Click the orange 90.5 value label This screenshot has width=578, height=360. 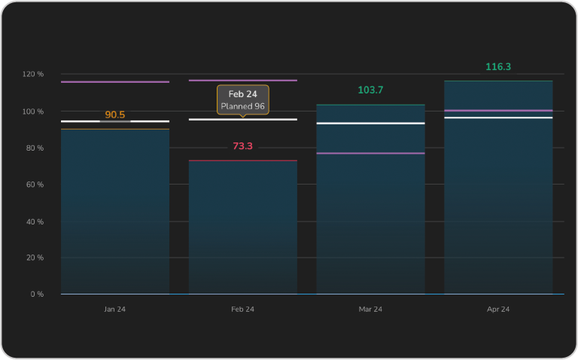(x=115, y=115)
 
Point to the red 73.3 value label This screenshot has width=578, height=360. (x=242, y=146)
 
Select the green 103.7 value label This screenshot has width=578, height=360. (x=370, y=90)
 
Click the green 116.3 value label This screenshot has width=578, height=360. (x=498, y=67)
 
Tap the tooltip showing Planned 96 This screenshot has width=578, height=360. (x=242, y=99)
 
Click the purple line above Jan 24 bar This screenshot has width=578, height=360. (x=114, y=81)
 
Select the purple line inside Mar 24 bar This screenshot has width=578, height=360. (x=370, y=153)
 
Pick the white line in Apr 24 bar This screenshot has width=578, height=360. (x=498, y=117)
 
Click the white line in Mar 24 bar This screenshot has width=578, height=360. (x=370, y=123)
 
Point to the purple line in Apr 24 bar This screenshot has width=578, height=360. (x=498, y=111)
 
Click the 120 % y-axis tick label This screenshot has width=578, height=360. (x=33, y=75)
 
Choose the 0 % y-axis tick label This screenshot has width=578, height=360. (x=37, y=294)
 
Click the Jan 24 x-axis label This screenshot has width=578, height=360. (x=114, y=310)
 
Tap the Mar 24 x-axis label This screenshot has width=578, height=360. (x=370, y=310)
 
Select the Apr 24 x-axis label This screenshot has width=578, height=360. (x=498, y=310)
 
